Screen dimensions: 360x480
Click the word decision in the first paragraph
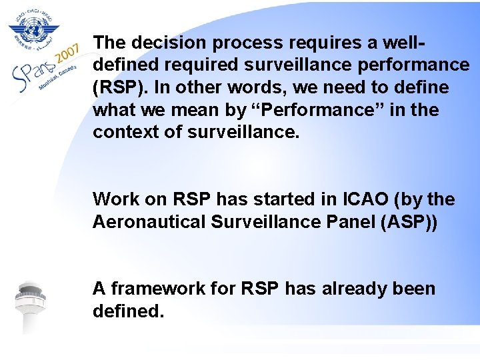(163, 43)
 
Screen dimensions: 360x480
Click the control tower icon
(31, 307)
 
